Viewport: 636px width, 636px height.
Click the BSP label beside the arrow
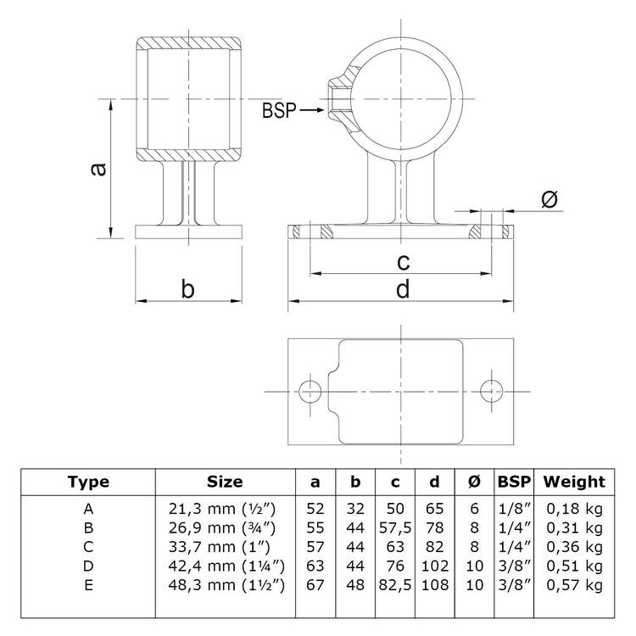[279, 110]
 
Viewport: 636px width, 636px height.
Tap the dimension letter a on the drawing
[98, 169]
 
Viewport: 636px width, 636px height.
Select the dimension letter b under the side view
[187, 289]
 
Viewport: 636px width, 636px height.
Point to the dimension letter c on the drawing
[403, 262]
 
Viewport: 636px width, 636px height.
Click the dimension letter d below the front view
[403, 289]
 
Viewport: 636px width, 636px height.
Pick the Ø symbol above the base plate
[550, 199]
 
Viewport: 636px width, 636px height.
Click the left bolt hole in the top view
[310, 392]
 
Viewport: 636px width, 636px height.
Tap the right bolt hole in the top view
[491, 392]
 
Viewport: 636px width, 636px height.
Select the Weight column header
[574, 482]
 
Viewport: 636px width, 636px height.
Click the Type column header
[88, 483]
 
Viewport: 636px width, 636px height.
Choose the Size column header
[225, 482]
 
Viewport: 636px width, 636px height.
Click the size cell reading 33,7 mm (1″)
[219, 547]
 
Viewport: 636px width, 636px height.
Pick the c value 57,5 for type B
[395, 527]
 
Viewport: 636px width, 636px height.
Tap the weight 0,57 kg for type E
[574, 585]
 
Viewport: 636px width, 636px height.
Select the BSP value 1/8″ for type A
[515, 509]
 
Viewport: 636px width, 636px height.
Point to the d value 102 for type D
[435, 566]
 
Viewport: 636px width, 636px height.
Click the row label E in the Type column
[88, 585]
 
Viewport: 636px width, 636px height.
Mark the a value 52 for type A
[315, 509]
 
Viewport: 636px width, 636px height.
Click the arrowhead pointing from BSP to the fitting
[320, 109]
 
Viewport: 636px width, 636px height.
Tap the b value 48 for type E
[355, 585]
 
